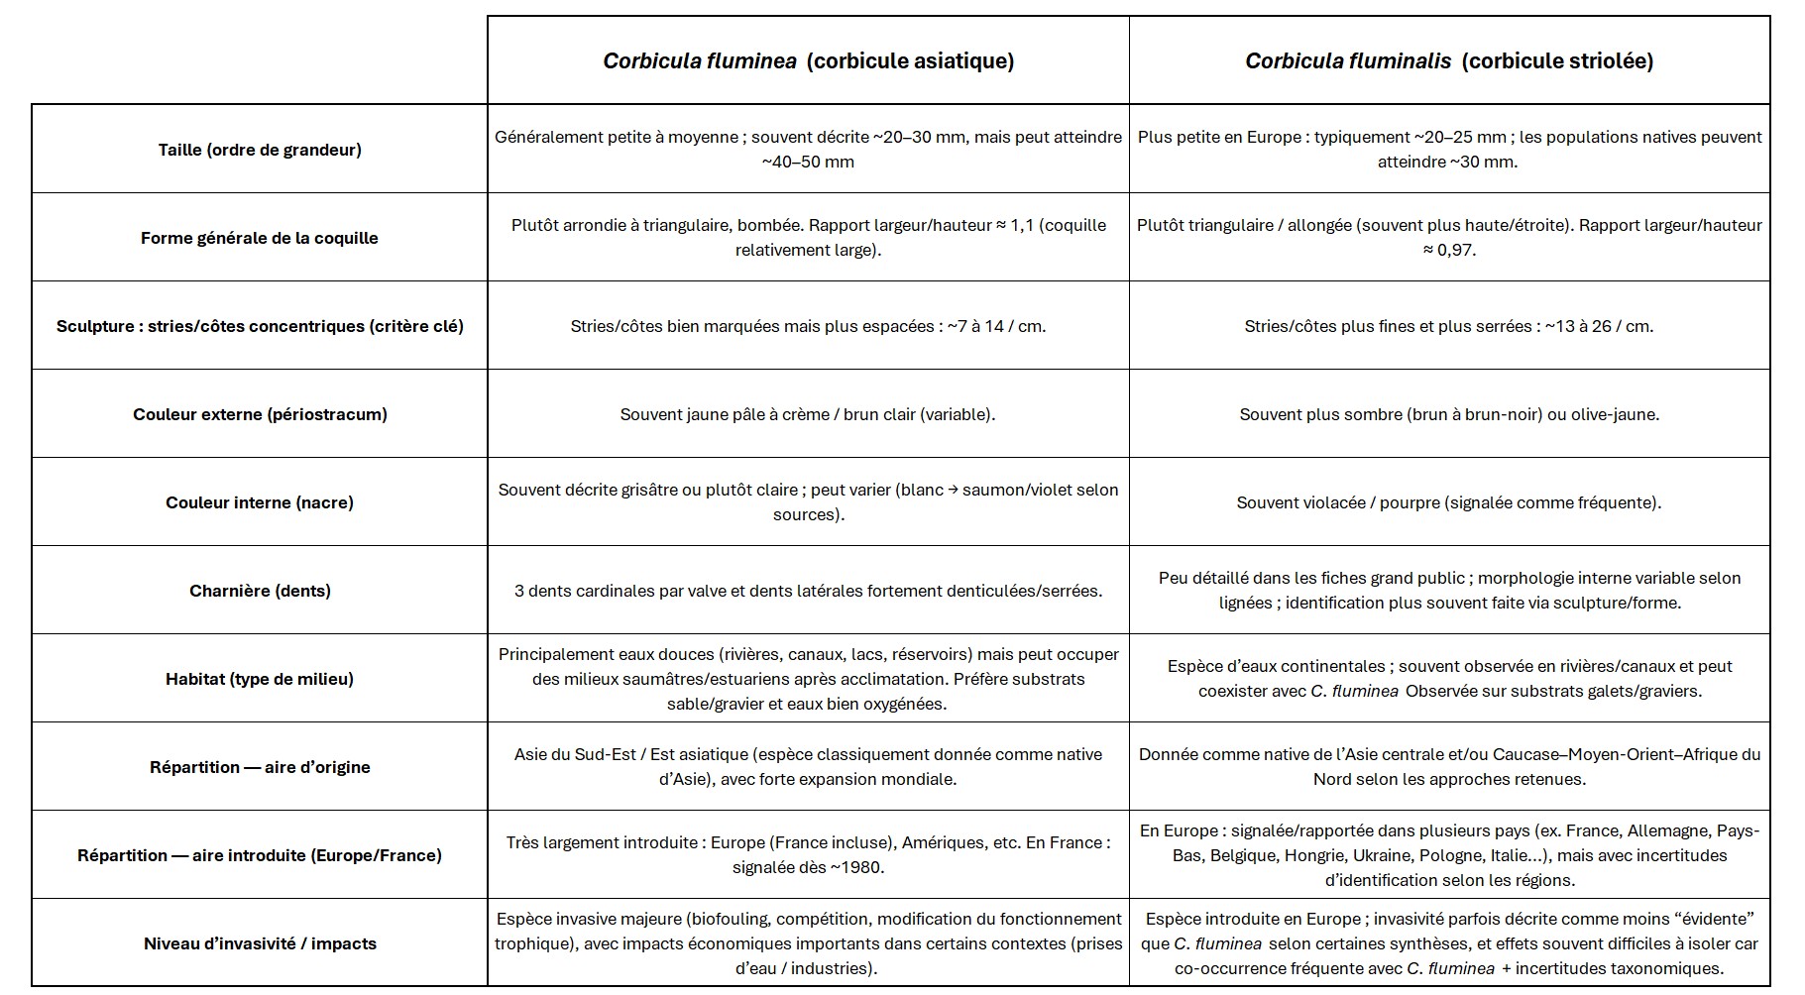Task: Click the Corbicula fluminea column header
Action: (808, 60)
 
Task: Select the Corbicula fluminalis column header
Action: (1448, 60)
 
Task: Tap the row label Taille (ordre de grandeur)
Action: (260, 150)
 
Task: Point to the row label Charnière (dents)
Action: (260, 591)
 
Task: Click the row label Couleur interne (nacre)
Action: (260, 502)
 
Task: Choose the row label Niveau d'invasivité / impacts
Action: (260, 943)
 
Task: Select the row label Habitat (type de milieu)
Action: (260, 679)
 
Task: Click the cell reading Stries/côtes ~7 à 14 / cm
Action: (808, 326)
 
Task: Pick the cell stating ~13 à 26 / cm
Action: (1448, 326)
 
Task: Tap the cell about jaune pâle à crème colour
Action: (808, 414)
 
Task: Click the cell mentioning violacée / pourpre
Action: (1448, 502)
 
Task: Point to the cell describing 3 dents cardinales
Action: (808, 591)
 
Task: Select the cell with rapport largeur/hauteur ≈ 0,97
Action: (1448, 238)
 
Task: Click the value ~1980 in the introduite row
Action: (855, 867)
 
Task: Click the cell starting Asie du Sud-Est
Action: (808, 767)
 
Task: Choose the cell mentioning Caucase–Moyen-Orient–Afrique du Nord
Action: (1448, 767)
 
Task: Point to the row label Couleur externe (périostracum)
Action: (260, 414)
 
